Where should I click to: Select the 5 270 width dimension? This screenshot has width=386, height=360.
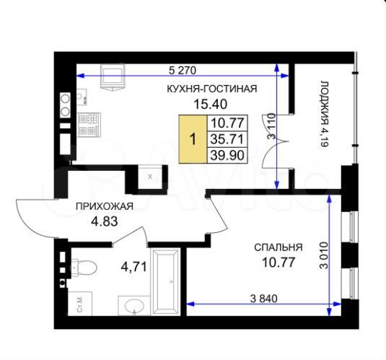(183, 70)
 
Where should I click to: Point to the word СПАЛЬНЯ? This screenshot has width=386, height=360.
(278, 247)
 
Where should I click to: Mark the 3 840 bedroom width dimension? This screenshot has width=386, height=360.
(264, 298)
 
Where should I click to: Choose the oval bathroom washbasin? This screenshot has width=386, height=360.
(134, 307)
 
